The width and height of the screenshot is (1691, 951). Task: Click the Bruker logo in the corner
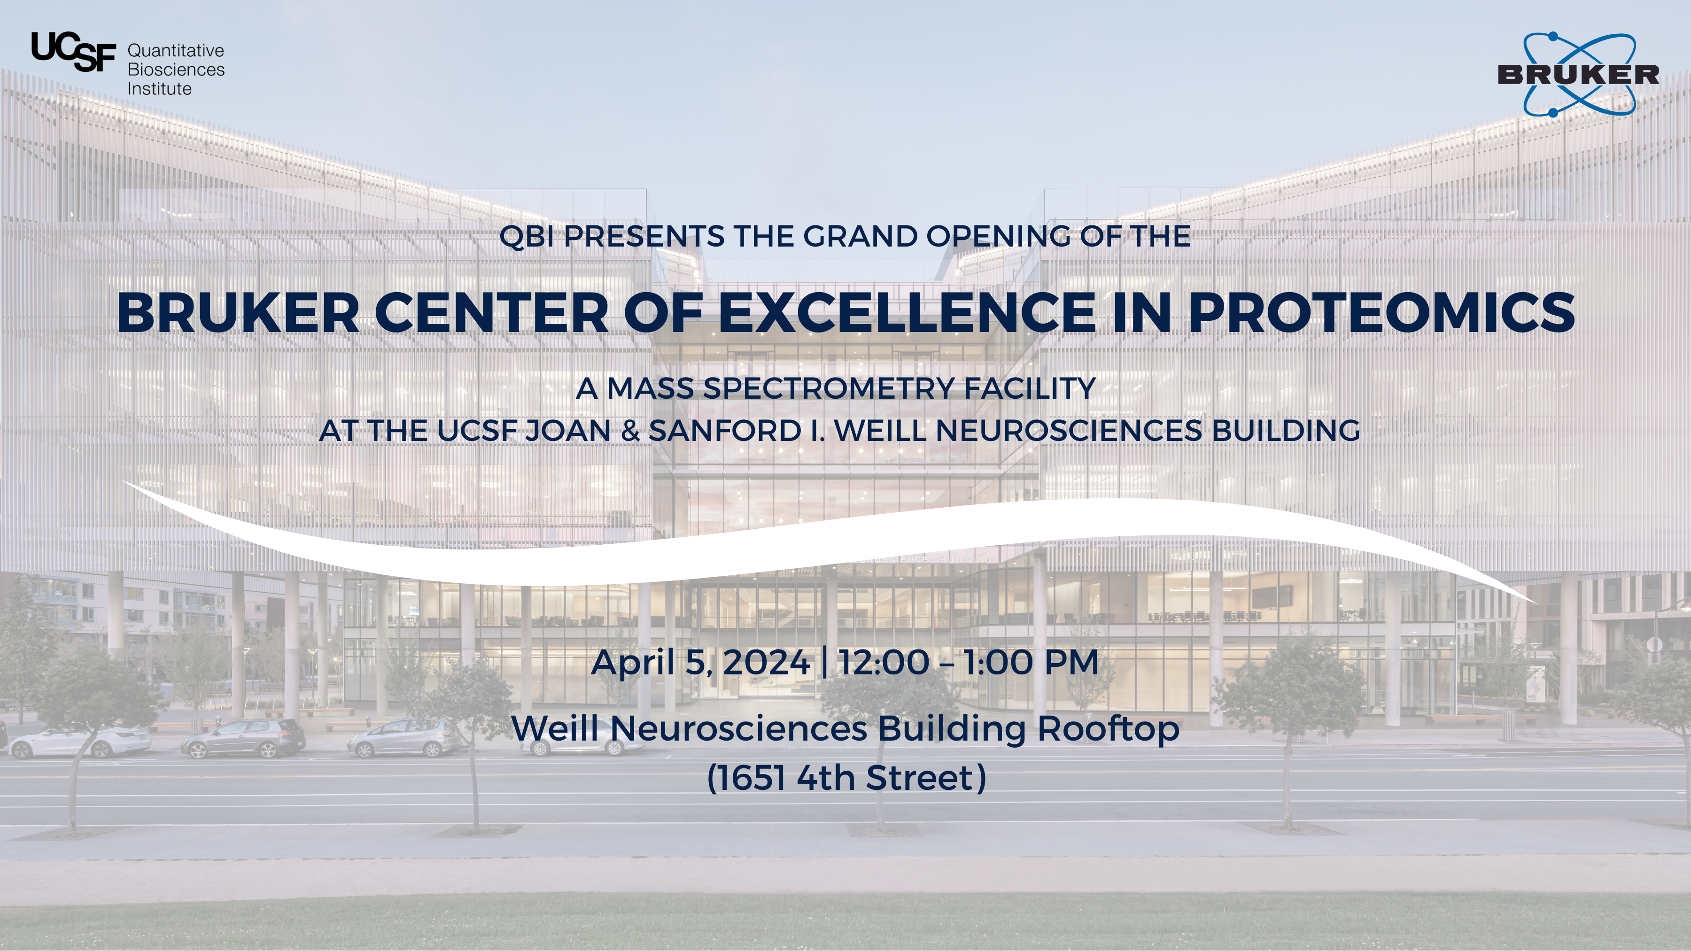click(1578, 74)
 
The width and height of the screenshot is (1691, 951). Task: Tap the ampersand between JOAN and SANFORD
click(629, 431)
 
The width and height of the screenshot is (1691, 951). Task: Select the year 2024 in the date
click(766, 662)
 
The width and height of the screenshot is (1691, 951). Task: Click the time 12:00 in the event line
click(884, 662)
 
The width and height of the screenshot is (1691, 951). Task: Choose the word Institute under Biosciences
click(160, 89)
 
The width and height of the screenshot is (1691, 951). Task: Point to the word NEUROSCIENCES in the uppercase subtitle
click(1069, 431)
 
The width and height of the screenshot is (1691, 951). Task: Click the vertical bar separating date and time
click(824, 662)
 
